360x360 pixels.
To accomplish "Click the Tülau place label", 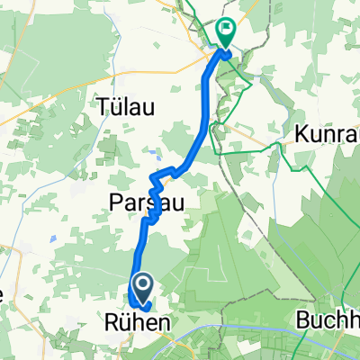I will point(126,106).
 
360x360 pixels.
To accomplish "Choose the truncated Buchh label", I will point(328,320).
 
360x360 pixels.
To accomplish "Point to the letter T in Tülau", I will point(102,106).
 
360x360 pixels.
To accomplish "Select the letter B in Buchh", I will point(302,320).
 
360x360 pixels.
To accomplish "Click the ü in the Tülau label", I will point(114,106).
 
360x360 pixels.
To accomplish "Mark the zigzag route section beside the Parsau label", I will point(157,193).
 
